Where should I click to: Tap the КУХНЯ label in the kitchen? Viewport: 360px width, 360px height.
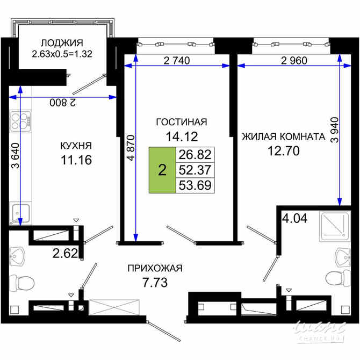pos(75,146)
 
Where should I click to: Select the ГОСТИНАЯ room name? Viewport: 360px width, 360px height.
pos(182,122)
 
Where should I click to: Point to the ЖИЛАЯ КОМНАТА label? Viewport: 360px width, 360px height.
pos(284,136)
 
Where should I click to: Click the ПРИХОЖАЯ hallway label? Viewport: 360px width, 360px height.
pos(155,268)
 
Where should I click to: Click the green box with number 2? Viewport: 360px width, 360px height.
pos(162,170)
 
